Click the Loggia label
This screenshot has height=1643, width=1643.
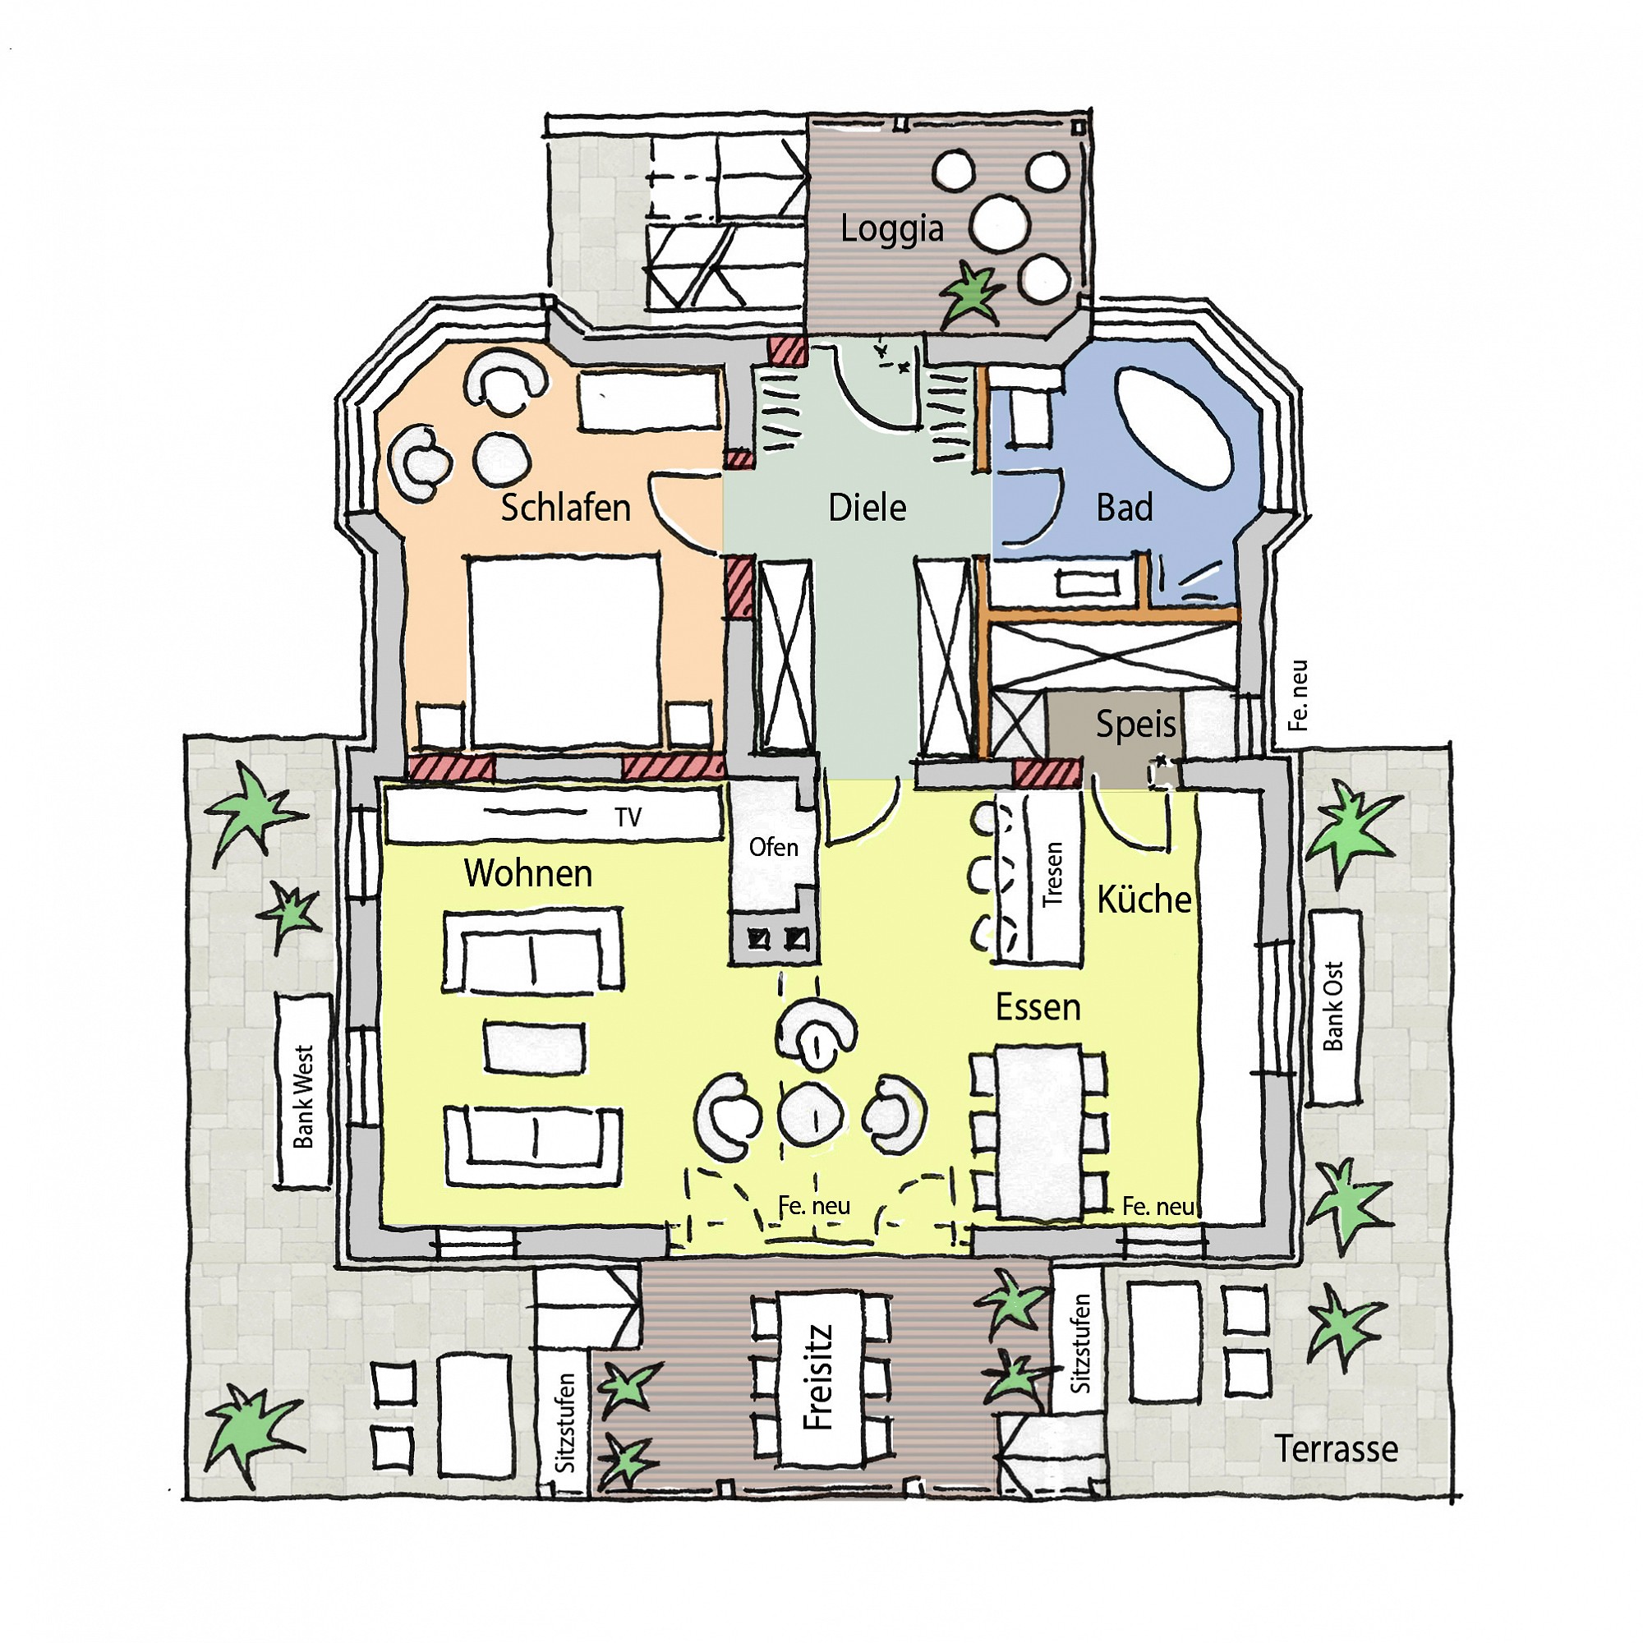pos(891,228)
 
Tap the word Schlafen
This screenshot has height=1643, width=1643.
pos(565,508)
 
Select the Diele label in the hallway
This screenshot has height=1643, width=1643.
pos(868,508)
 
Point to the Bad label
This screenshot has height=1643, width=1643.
pos(1125,508)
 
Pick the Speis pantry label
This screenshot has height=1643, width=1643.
pos(1135,724)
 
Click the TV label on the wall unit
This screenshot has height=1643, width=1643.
pos(628,817)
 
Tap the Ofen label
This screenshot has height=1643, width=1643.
pos(773,847)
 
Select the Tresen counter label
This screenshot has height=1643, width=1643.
pos(1053,873)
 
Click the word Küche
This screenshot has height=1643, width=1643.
pos(1144,899)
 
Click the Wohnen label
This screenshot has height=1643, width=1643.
pos(528,873)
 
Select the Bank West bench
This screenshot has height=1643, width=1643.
pos(304,1091)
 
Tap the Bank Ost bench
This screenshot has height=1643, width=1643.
pos(1334,1008)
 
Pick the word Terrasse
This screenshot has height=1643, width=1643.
pos(1336,1449)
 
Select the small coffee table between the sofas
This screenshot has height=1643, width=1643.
pos(535,1047)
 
